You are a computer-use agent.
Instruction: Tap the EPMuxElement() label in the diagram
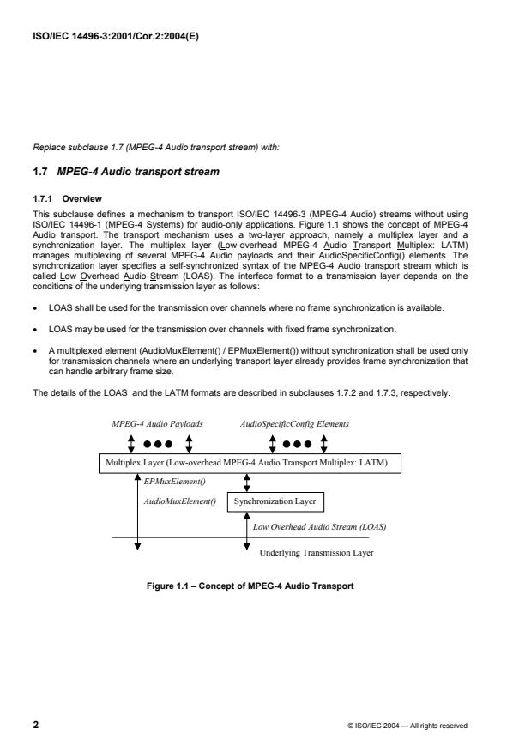click(x=169, y=481)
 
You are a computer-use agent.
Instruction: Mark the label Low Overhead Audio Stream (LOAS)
click(x=318, y=526)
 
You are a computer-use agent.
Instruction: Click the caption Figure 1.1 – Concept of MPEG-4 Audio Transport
click(x=250, y=586)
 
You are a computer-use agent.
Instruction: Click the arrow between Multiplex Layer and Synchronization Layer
click(x=247, y=482)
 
